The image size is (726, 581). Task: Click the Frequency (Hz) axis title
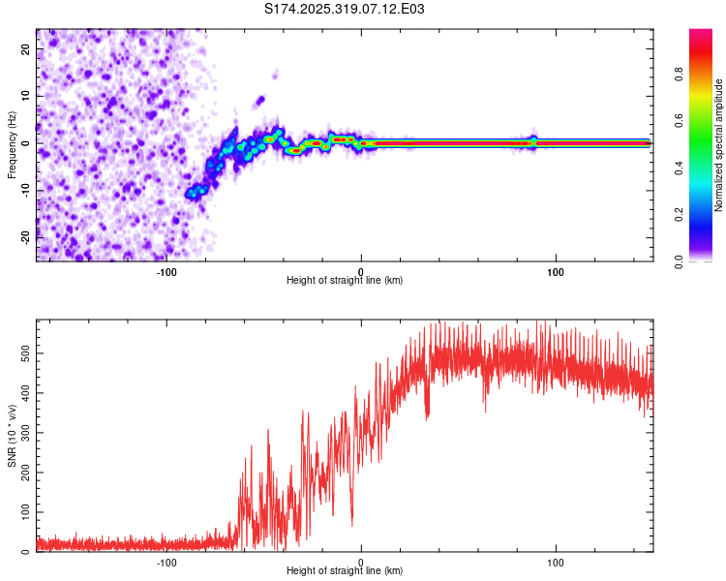(12, 144)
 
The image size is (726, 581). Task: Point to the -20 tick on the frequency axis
(25, 237)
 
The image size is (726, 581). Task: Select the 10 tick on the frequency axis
(27, 96)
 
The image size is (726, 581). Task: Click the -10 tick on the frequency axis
(25, 190)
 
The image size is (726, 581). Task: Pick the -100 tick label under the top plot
(166, 270)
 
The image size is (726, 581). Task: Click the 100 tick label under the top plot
(556, 270)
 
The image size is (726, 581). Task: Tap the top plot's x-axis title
(345, 281)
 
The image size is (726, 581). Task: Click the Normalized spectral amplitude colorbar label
(718, 144)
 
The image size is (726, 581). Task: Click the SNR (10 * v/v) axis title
(12, 436)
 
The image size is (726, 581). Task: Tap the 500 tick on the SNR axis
(23, 354)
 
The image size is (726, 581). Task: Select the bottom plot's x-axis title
(345, 571)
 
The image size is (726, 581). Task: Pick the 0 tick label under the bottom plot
(361, 562)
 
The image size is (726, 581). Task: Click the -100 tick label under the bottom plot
(166, 562)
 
